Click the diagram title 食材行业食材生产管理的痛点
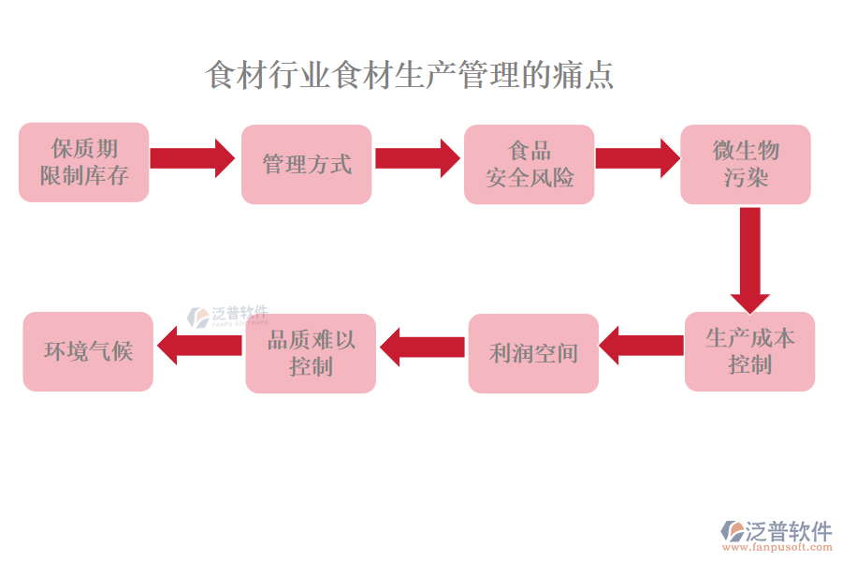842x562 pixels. coord(409,75)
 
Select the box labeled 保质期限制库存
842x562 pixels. coord(84,162)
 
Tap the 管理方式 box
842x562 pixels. coord(307,164)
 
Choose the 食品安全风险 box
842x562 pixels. coord(530,164)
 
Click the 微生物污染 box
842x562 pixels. coord(746,164)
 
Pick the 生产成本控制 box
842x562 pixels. coord(749,351)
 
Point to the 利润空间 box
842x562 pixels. coord(533,353)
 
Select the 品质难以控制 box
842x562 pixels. coord(311,353)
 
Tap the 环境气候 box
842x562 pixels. coord(88,351)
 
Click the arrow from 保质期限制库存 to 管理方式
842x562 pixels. coord(192,158)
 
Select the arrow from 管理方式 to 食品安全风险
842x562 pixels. coord(416,158)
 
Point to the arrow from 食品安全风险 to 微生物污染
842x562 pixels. coord(637,158)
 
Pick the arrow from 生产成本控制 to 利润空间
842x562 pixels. coord(642,346)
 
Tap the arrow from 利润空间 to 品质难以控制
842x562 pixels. coord(422,347)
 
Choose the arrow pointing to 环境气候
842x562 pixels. coord(199,346)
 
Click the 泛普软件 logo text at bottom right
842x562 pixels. coord(788,532)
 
